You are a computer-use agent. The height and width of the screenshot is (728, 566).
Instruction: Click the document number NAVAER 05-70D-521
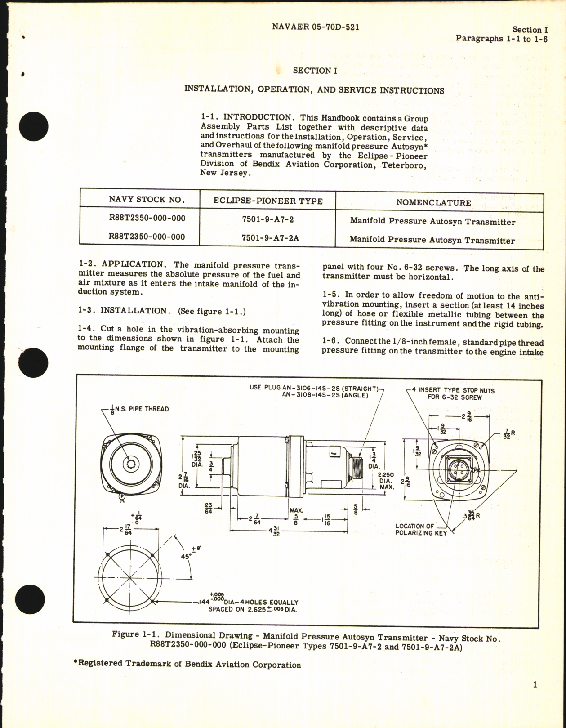[315, 27]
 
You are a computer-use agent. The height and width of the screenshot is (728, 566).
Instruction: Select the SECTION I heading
[315, 71]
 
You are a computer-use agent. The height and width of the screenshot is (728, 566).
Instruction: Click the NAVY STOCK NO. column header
[147, 200]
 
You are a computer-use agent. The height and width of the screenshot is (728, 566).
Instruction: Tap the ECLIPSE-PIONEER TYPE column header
[268, 201]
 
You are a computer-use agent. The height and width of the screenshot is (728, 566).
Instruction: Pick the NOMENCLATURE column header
[433, 202]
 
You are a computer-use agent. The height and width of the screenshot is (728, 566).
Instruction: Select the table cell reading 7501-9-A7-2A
[270, 238]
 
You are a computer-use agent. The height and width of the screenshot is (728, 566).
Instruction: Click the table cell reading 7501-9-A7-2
[267, 219]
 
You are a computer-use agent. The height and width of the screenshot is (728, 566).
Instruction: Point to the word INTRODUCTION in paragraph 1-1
[258, 118]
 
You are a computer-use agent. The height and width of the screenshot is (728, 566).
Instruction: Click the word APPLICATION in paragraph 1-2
[133, 264]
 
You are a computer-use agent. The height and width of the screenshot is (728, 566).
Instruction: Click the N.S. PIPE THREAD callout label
[141, 409]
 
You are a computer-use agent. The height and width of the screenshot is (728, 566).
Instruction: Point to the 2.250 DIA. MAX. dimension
[385, 481]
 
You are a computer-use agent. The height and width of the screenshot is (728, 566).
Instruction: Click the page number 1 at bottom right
[535, 685]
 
